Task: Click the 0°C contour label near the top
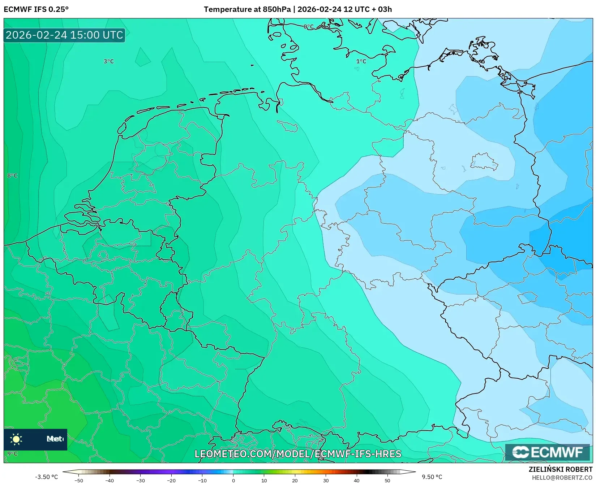308,27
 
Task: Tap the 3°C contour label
108,61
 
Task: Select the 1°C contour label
361,61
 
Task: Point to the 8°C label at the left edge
12,176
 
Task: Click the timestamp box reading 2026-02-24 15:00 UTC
64,35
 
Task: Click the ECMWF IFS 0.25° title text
36,9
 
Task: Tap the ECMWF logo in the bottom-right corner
547,452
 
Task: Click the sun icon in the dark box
16,439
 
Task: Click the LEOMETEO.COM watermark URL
298,454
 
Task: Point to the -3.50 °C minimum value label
46,477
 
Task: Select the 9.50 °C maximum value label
432,477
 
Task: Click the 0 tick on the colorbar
233,480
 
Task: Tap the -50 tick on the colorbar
78,480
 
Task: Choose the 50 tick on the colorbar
387,480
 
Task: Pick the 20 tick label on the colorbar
295,480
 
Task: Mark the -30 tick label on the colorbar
140,480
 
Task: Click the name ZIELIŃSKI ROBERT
561,469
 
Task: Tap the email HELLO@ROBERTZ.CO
562,478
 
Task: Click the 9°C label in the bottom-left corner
12,454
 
